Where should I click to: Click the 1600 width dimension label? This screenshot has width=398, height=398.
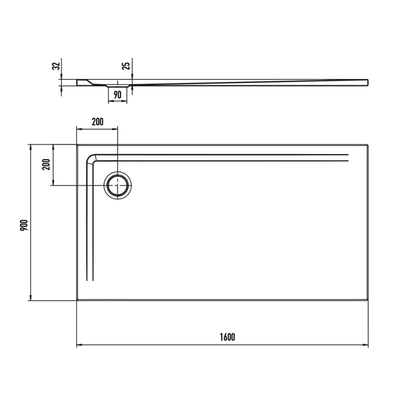226,337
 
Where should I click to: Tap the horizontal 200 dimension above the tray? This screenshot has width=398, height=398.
97,121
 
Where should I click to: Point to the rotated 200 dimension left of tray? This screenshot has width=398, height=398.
46,164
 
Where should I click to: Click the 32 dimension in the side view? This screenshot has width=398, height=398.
55,66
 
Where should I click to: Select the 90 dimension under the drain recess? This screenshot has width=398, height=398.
118,95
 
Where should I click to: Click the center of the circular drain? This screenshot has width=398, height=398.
118,185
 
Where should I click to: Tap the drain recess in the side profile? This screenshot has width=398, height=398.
118,85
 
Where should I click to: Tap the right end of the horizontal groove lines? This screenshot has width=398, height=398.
347,158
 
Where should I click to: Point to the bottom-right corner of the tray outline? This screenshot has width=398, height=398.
368,300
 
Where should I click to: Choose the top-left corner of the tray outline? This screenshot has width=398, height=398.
77,145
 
